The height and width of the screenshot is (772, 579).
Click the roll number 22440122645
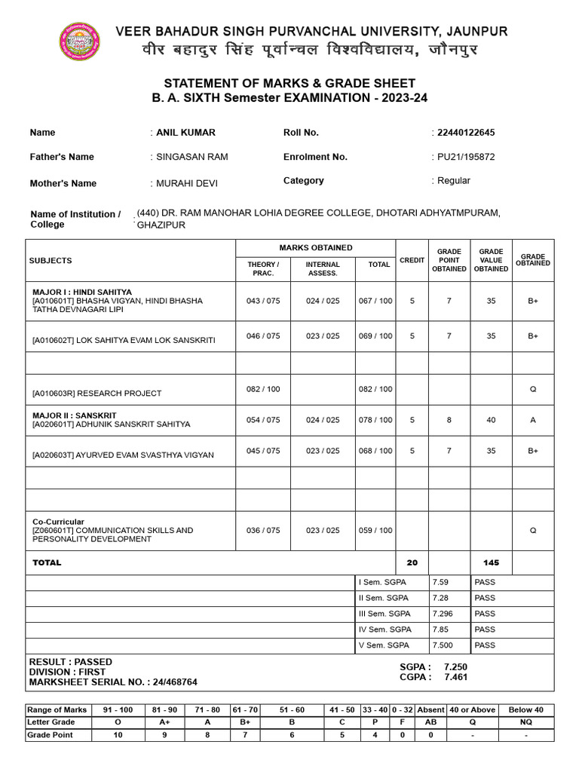pos(465,133)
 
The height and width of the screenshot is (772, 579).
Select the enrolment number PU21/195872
pos(465,157)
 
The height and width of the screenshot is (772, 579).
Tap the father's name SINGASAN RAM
pos(191,157)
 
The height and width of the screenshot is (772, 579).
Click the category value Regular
pos(453,180)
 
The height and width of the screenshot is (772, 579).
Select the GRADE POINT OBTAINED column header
pos(449,260)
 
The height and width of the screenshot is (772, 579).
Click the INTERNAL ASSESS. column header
pos(323,268)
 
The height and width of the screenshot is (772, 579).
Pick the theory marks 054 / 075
pos(262,420)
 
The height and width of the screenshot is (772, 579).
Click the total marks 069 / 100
pos(375,336)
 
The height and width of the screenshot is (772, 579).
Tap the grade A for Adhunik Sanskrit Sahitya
pos(532,420)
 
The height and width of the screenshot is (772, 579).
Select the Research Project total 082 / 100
pos(375,389)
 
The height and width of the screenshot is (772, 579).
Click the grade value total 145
pos(490,562)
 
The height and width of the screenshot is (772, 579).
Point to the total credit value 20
pos(412,562)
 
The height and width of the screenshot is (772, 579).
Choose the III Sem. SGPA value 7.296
pos(444,614)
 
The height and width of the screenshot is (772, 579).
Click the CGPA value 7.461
pos(456,677)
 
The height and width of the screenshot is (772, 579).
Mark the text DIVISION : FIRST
pos(67,672)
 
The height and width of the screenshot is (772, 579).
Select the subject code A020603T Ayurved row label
pos(123,455)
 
